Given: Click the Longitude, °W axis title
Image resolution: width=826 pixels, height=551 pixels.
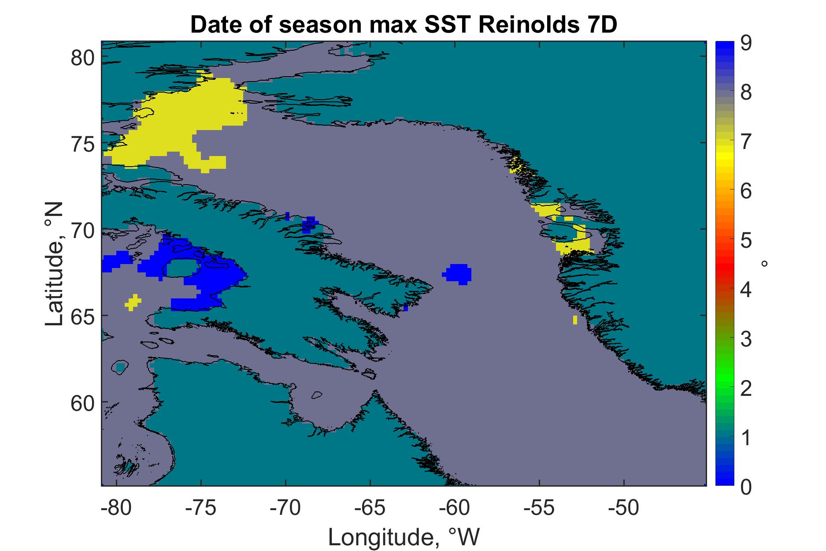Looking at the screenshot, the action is pyautogui.click(x=404, y=537).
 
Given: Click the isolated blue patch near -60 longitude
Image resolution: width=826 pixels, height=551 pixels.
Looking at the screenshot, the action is pyautogui.click(x=457, y=274).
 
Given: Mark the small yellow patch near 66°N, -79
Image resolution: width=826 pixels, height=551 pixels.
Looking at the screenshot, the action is pyautogui.click(x=133, y=302).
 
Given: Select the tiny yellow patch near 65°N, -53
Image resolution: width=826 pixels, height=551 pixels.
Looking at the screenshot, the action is pyautogui.click(x=575, y=320).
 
